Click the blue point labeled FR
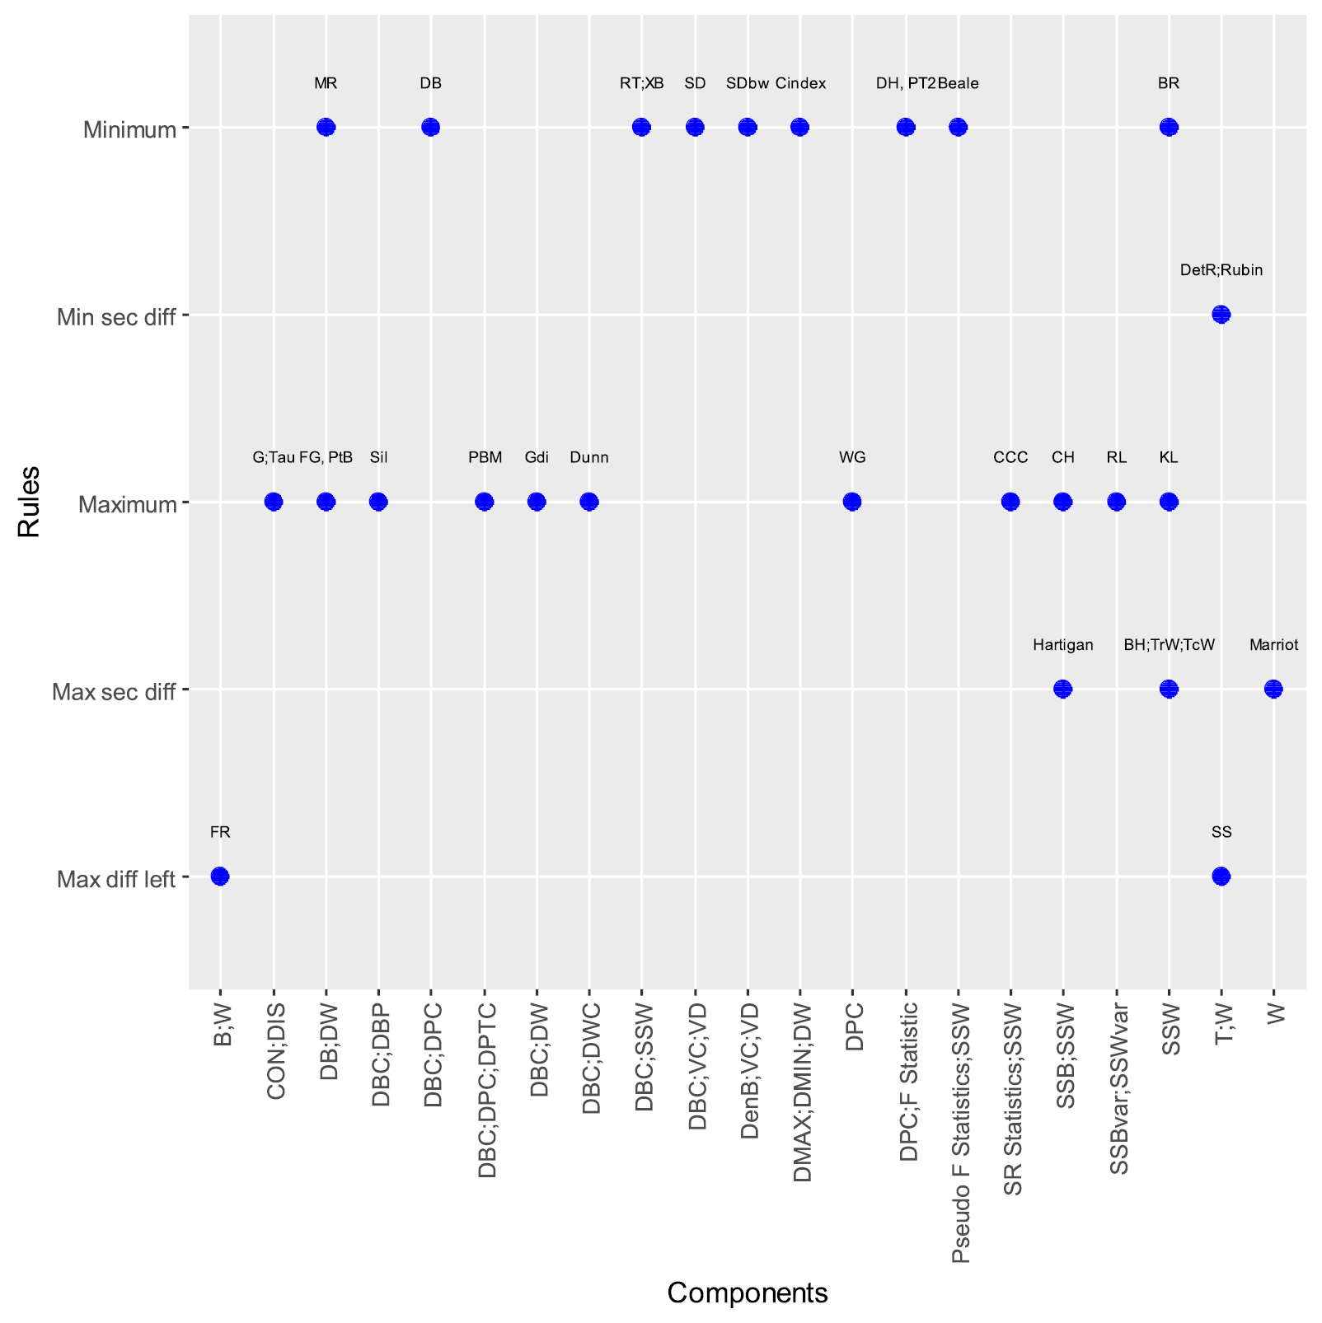coord(220,876)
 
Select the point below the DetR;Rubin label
coord(1221,314)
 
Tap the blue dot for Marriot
coord(1273,689)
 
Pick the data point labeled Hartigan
coord(1063,689)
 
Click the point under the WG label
coord(852,501)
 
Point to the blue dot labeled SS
coord(1221,876)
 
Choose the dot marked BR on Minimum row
coord(1169,127)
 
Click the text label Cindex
coord(800,83)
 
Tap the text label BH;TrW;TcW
coord(1169,645)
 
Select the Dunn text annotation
coord(589,458)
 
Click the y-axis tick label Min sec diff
coord(116,317)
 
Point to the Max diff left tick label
coord(116,880)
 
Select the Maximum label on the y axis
coord(128,504)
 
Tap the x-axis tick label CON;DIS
coord(276,1051)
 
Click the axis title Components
coord(747,1293)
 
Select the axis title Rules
coord(30,501)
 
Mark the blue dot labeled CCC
coord(1010,501)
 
